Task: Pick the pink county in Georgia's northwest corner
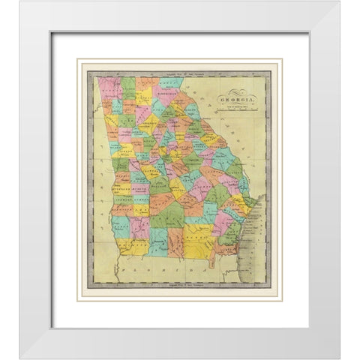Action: click(103, 86)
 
